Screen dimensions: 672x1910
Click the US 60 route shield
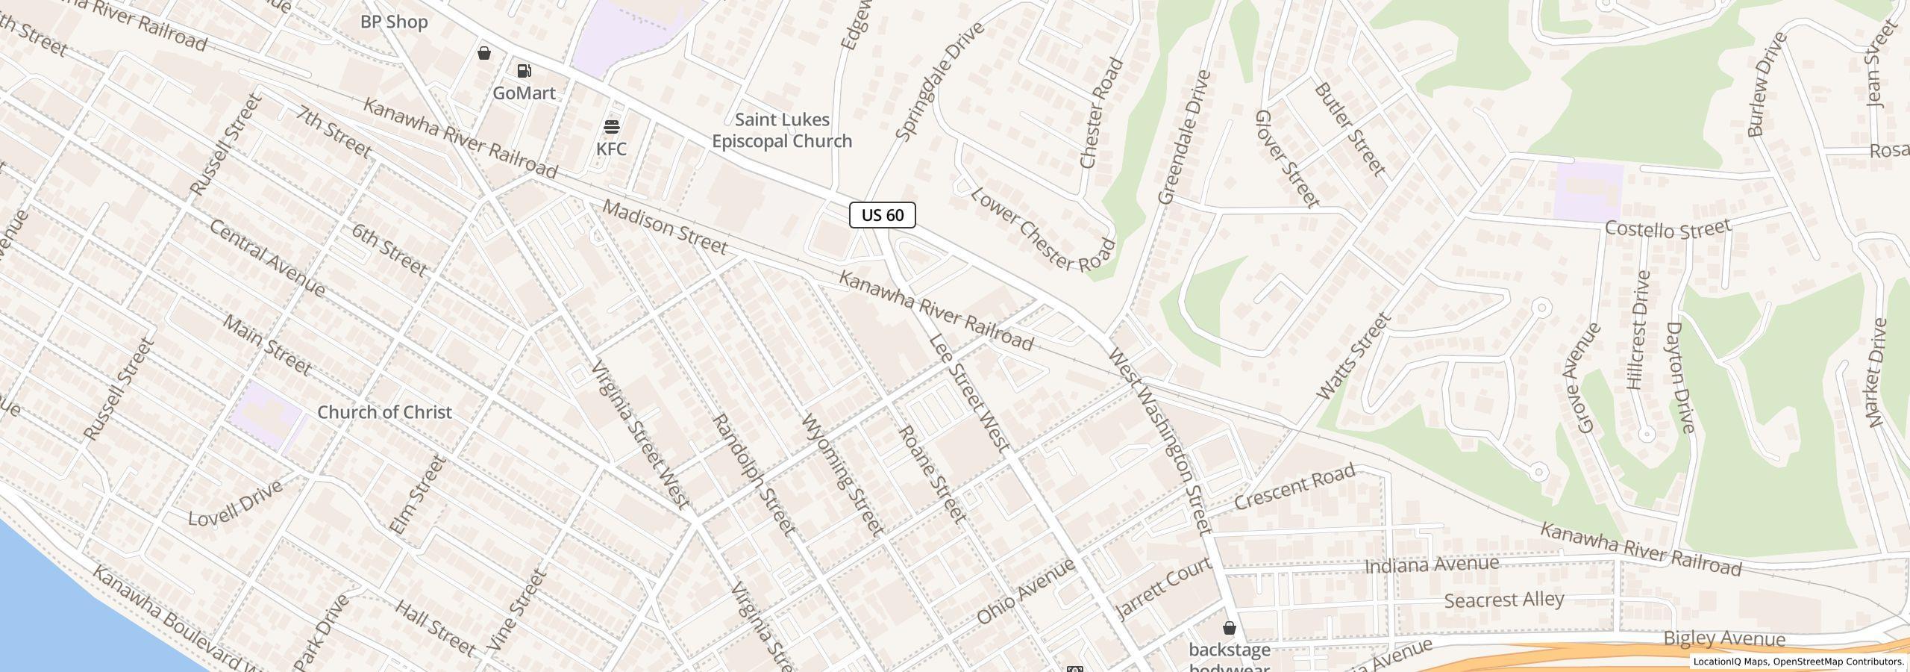tap(882, 215)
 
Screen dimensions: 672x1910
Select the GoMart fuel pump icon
tap(524, 71)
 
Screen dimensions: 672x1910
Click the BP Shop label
tap(394, 22)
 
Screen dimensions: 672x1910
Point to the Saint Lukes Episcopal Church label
tap(781, 130)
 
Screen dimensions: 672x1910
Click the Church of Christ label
tap(384, 412)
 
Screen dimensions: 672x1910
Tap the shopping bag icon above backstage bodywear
tap(1229, 628)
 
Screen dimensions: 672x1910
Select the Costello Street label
tap(1667, 228)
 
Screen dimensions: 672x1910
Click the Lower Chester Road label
tap(1042, 228)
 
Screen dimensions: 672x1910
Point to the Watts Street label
tap(1353, 356)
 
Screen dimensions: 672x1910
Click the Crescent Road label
tap(1294, 488)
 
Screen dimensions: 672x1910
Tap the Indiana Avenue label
tap(1431, 565)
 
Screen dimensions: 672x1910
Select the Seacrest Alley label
tap(1503, 600)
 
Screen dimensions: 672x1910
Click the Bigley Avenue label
tap(1724, 638)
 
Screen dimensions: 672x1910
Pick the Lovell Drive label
tap(235, 504)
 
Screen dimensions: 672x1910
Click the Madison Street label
tap(664, 225)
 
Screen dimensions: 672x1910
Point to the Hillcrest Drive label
tap(1638, 330)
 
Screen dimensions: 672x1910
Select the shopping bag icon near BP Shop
tap(484, 53)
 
